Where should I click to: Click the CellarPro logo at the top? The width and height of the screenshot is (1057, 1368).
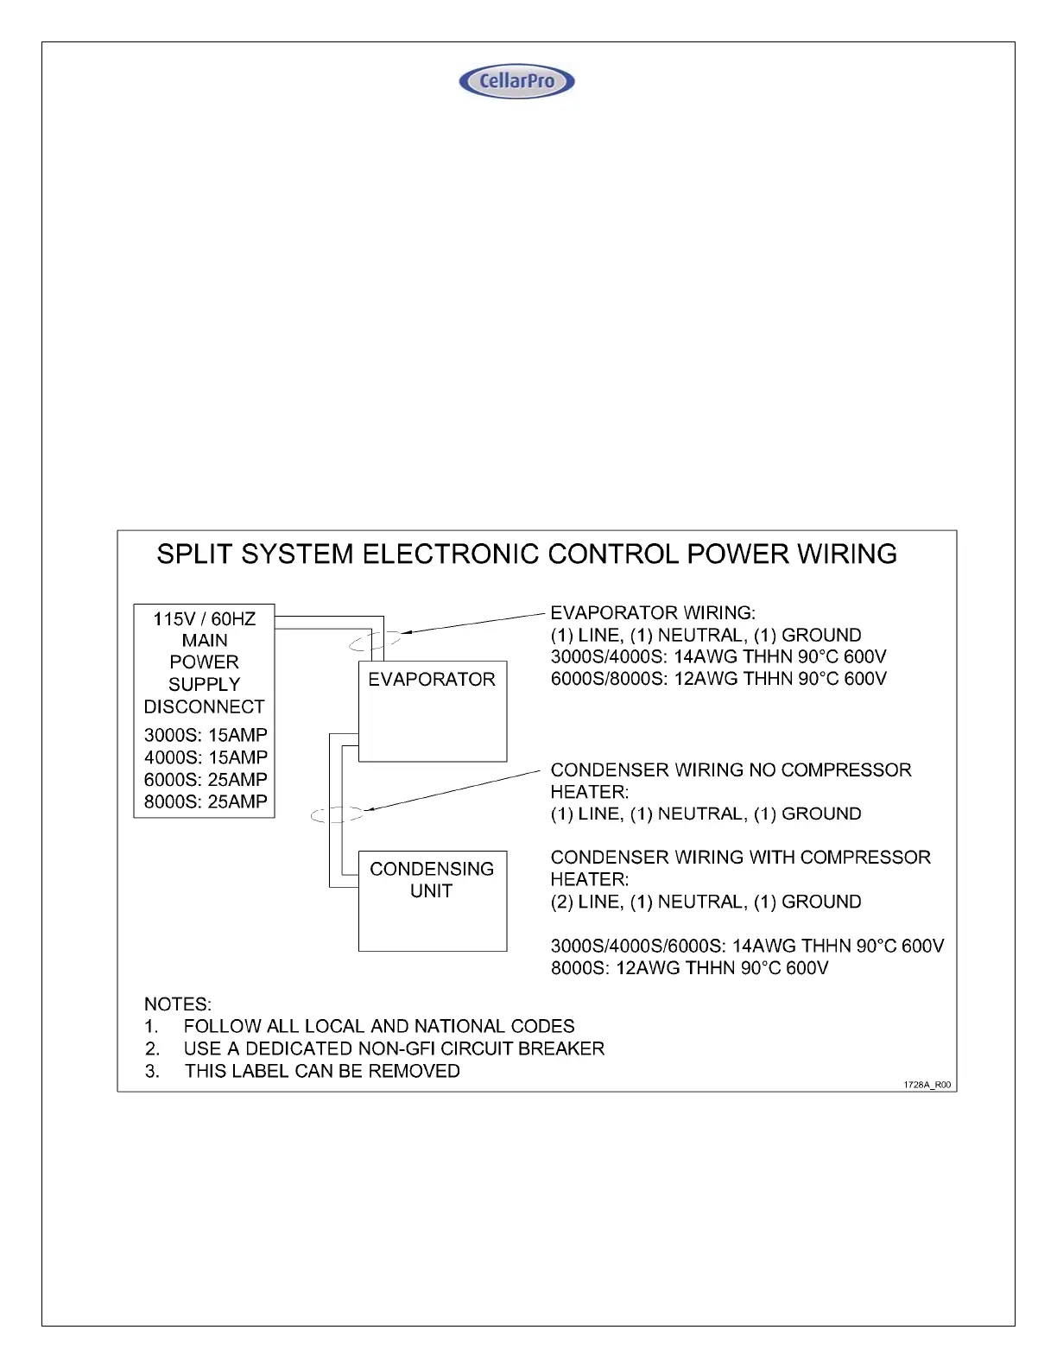[516, 81]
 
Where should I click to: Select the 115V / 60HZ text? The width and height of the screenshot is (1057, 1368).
[205, 619]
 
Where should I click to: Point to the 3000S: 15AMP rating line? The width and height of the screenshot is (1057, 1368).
[206, 735]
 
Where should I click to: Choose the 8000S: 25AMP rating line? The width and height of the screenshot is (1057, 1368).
[206, 801]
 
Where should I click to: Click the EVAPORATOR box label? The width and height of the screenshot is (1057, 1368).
[432, 680]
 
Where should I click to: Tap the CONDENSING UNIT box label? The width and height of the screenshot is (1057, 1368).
[432, 880]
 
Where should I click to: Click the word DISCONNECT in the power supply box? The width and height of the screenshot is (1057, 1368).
[205, 706]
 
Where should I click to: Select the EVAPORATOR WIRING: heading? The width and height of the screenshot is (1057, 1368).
[653, 613]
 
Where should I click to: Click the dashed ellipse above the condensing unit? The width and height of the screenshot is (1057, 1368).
[337, 814]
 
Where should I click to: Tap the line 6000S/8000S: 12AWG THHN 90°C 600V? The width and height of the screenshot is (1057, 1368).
[718, 679]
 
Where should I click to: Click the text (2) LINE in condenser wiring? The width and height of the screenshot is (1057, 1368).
[585, 902]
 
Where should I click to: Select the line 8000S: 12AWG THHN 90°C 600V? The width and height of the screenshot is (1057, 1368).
[689, 968]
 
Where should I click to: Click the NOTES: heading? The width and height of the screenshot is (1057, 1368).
[178, 1004]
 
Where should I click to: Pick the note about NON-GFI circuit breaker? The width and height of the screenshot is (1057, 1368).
[394, 1048]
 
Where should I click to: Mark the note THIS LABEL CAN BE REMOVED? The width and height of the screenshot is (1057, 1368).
[322, 1071]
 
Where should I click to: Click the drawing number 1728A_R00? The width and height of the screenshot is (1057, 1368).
[927, 1085]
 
